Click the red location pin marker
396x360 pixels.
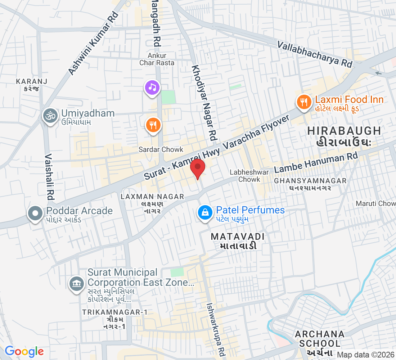click(197, 168)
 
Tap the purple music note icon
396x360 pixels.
click(152, 87)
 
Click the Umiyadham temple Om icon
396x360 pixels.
click(50, 116)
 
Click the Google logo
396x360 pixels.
click(24, 351)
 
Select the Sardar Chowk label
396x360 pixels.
click(161, 149)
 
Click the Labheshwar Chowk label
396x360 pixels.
click(249, 176)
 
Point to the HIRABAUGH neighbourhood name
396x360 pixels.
click(345, 131)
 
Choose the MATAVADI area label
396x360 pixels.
click(238, 237)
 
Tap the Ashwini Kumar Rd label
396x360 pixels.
click(93, 44)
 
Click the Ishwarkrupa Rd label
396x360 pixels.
click(216, 328)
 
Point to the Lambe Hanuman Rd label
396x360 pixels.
click(316, 163)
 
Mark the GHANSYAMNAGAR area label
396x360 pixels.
click(310, 181)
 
